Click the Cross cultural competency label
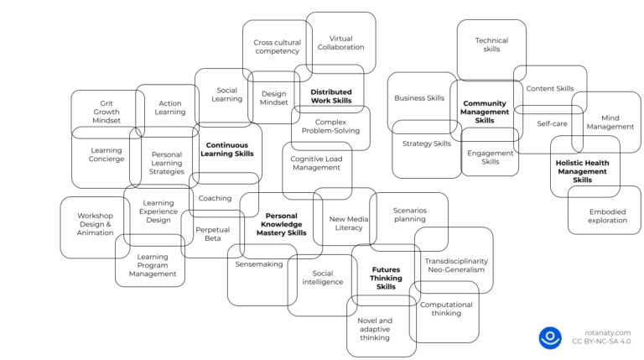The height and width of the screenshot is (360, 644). [x=277, y=46]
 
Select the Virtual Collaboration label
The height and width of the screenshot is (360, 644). [x=340, y=43]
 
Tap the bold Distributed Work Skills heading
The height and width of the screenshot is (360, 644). [x=330, y=97]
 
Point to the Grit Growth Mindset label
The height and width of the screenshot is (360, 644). [x=106, y=112]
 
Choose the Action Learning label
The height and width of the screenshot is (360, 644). [x=170, y=107]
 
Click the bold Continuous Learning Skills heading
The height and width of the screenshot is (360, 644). [x=227, y=149]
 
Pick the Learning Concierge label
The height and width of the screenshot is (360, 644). [x=106, y=155]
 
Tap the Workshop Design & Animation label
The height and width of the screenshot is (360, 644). [x=95, y=224]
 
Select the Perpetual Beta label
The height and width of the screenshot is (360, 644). [x=212, y=233]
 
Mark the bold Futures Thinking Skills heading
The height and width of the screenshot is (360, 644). [x=386, y=278]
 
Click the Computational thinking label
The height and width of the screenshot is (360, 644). [x=446, y=309]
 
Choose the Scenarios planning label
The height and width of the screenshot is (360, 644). [x=409, y=215]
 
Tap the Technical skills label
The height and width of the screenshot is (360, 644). [x=491, y=44]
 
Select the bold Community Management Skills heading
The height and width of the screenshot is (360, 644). [x=485, y=112]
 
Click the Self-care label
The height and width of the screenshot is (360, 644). [x=552, y=123]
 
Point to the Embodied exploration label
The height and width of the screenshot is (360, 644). [x=607, y=216]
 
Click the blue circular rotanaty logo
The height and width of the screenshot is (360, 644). [x=550, y=337]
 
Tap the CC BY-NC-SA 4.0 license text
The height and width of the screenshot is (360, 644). [x=601, y=342]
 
